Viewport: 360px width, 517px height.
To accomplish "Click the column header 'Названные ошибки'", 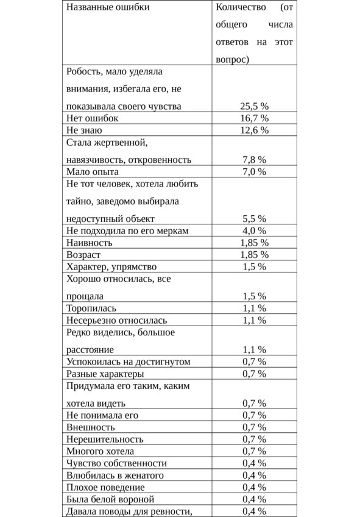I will (108, 7).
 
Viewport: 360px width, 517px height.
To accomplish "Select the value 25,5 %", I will (254, 106).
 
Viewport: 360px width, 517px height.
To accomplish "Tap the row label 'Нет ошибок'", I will (92, 118).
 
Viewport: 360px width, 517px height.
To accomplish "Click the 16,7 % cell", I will (254, 118).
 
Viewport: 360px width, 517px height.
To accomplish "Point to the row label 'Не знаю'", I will (84, 130).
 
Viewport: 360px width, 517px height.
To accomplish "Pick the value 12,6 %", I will (254, 130).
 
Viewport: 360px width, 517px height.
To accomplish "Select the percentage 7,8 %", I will (254, 160).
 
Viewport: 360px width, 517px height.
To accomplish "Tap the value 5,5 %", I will (254, 218).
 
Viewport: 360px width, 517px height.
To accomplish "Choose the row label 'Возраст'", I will (83, 254).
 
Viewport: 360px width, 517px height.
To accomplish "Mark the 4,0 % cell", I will (254, 230).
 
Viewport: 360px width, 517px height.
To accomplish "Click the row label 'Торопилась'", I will (91, 308).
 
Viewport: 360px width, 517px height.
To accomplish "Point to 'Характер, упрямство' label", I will (111, 266).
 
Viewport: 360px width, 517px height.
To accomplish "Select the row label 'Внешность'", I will (91, 427).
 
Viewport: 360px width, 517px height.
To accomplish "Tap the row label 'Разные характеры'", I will (105, 374).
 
